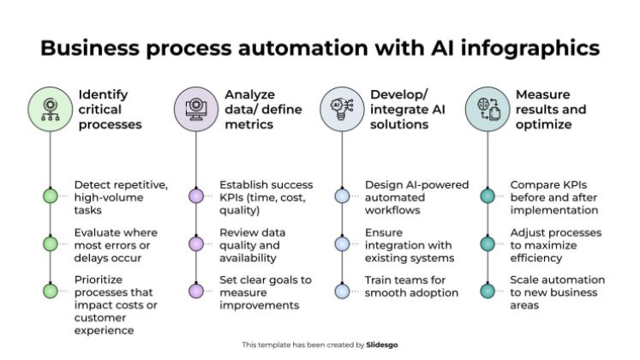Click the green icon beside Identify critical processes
51,110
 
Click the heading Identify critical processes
110,110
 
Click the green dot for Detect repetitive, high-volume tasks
51,196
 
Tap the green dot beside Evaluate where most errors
51,244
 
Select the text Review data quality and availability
252,244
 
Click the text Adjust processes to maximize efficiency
555,244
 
